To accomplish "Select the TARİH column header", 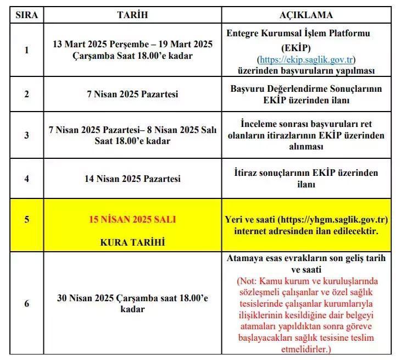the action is pyautogui.click(x=133, y=15).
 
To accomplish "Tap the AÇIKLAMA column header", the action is pyautogui.click(x=307, y=15).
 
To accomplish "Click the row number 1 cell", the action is pyautogui.click(x=27, y=50).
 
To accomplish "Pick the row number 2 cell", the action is pyautogui.click(x=27, y=94).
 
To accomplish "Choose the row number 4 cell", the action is pyautogui.click(x=27, y=179).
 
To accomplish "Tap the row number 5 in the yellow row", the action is pyautogui.click(x=27, y=219).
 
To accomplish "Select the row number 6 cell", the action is pyautogui.click(x=27, y=303).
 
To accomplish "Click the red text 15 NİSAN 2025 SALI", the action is pyautogui.click(x=133, y=219).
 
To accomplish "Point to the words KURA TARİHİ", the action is pyautogui.click(x=133, y=242).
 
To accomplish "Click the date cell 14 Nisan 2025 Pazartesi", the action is pyautogui.click(x=133, y=179).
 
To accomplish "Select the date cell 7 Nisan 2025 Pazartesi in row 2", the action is pyautogui.click(x=133, y=94).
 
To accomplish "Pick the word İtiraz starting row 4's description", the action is pyautogui.click(x=246, y=173).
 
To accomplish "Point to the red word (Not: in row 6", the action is pyautogui.click(x=248, y=281).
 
